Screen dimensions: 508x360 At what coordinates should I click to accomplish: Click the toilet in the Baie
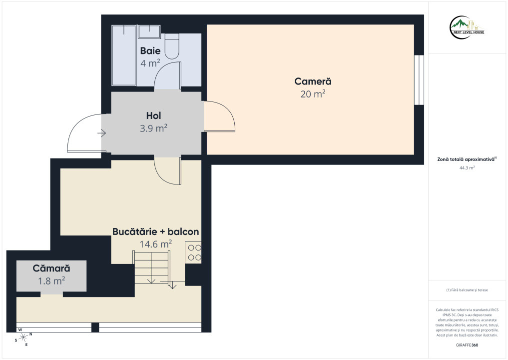(172, 46)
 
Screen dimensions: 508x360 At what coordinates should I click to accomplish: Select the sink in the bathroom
(149, 32)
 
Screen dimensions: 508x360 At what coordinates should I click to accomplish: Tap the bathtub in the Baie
(124, 55)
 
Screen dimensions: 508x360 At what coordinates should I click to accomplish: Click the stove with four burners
(193, 252)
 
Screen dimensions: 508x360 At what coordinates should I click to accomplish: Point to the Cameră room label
(313, 81)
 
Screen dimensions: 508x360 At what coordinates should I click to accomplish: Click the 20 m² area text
(313, 93)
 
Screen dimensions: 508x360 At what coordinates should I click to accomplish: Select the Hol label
(153, 115)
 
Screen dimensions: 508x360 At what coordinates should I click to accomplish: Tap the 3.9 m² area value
(153, 128)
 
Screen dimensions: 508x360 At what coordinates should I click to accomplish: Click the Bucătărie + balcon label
(155, 231)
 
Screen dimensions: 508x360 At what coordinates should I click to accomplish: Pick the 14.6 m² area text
(155, 244)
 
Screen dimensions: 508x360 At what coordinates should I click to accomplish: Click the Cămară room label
(51, 268)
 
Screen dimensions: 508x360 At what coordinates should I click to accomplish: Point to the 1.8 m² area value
(51, 280)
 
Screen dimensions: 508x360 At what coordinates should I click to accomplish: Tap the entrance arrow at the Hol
(102, 133)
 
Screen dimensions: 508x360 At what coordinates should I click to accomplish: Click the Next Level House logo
(467, 27)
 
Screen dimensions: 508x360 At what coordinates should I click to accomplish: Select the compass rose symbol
(23, 337)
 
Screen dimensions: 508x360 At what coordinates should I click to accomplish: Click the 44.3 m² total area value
(467, 167)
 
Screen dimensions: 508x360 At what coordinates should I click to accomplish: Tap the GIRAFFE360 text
(467, 345)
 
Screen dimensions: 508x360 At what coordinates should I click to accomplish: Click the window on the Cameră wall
(419, 80)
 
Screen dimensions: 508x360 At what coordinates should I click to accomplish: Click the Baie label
(150, 50)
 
